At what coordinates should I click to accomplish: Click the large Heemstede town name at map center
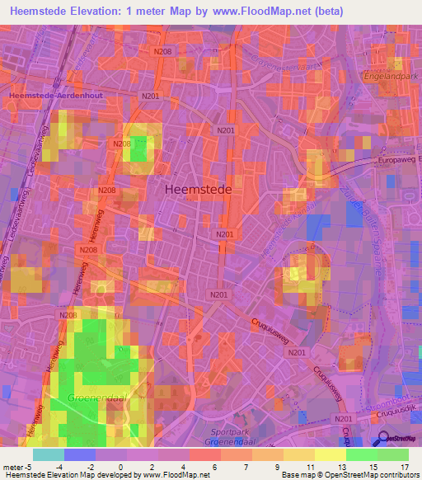199,188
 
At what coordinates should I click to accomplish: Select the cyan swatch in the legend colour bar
49,454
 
